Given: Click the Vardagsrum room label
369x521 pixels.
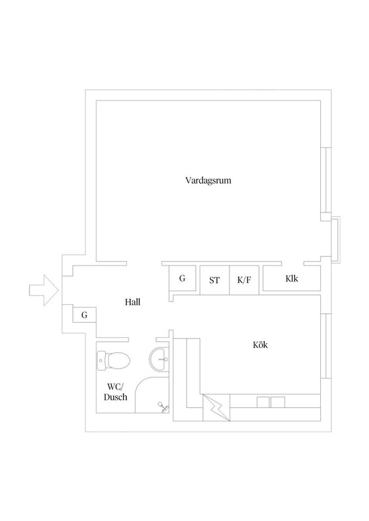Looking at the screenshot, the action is [208, 181].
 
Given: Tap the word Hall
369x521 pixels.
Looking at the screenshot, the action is [133, 302].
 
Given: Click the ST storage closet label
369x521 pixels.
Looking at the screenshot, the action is [214, 280].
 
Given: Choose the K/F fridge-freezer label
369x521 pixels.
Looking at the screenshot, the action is [244, 280].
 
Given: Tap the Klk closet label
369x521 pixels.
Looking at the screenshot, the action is [292, 279].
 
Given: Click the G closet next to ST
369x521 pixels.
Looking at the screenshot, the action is [182, 278].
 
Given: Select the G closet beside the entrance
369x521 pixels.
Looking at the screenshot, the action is [84, 315].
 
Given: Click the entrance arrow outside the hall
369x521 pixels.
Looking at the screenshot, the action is [43, 290].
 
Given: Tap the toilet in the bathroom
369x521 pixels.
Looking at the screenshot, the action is [113, 360].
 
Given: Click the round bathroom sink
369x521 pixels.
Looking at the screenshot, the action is [159, 359].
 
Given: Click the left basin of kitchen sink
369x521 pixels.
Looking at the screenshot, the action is [263, 402].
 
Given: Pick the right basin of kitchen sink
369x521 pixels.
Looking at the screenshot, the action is [278, 402].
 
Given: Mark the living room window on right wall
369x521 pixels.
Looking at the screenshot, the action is [326, 180].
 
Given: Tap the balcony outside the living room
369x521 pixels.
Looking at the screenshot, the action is [336, 240].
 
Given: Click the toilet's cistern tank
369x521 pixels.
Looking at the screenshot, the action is [101, 360].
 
